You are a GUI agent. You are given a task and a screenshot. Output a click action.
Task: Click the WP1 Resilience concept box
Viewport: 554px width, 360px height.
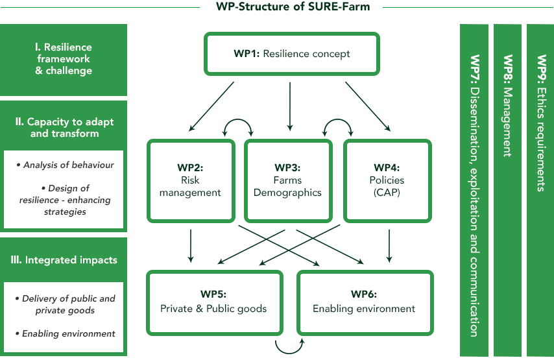tap(291, 54)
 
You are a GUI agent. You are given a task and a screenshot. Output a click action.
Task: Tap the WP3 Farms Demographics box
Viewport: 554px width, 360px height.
tap(290, 180)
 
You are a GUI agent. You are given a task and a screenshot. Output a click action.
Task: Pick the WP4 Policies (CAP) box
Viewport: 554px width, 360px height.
tap(388, 180)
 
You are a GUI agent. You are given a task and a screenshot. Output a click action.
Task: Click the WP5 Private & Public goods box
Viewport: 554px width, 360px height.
tap(213, 302)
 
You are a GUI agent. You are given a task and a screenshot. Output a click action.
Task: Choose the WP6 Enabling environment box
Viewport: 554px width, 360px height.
tap(364, 302)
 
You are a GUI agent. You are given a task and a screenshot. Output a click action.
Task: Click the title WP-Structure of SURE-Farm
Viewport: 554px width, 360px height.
tap(291, 6)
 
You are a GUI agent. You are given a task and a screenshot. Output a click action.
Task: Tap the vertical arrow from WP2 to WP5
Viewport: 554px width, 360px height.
tap(191, 243)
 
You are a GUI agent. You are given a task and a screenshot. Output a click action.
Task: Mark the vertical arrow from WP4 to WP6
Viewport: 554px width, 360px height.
tap(389, 243)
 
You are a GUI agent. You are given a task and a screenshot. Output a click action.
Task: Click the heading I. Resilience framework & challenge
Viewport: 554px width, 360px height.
tap(64, 59)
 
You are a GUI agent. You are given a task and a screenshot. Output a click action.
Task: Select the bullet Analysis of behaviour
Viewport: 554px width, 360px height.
tap(64, 165)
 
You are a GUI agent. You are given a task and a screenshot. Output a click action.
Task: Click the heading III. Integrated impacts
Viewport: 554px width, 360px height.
tap(64, 260)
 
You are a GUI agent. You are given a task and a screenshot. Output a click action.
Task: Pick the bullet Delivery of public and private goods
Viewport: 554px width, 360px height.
tap(64, 304)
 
